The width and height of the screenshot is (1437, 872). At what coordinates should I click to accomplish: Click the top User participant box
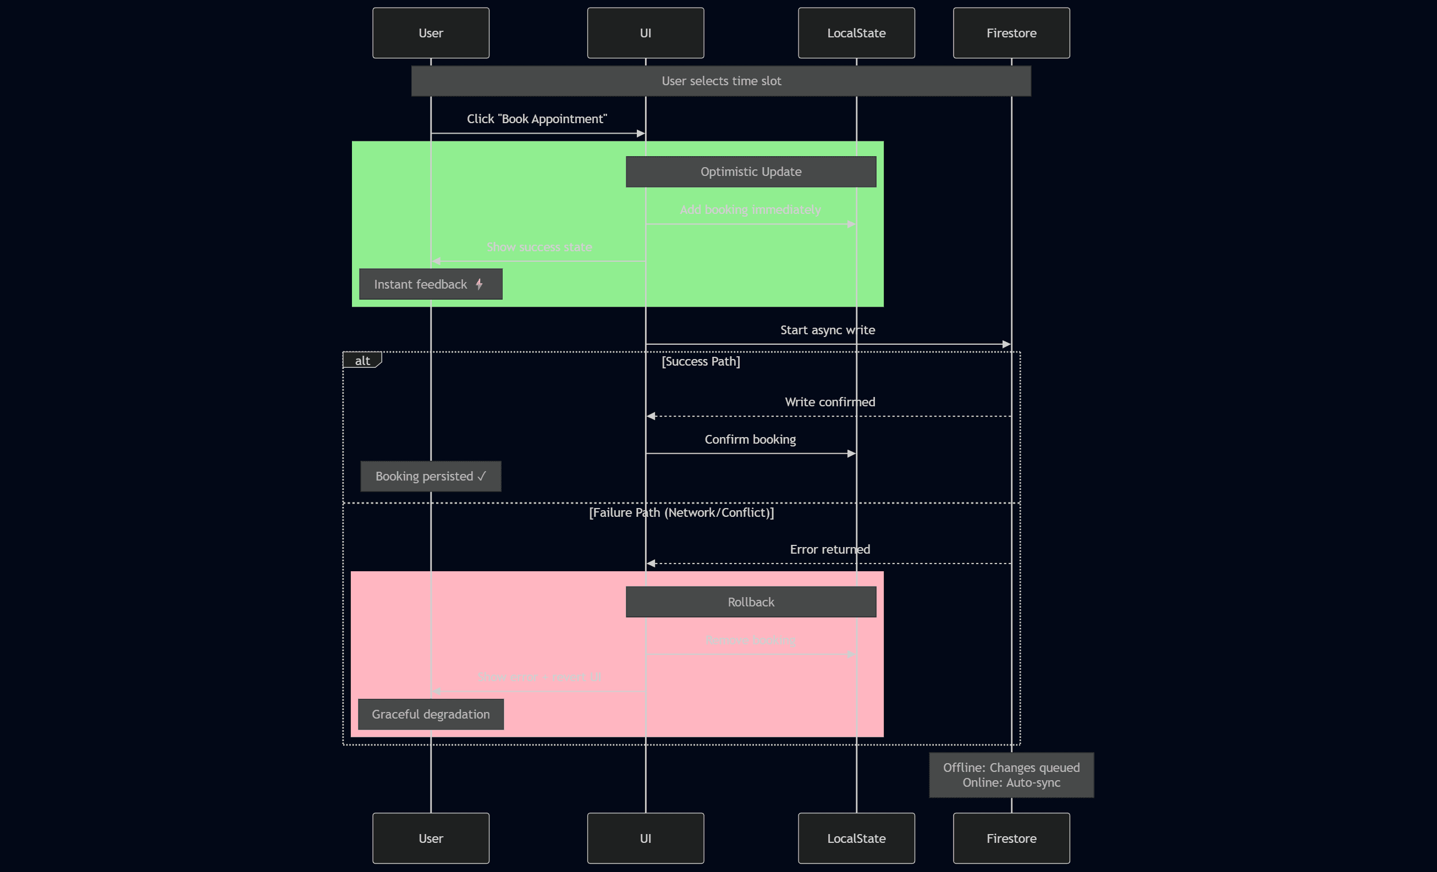tap(431, 32)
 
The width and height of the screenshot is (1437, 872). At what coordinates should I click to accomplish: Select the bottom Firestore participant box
tap(1011, 837)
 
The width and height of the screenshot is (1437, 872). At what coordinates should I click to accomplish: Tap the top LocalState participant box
tap(856, 32)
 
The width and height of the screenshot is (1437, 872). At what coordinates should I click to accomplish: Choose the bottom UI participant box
tap(645, 837)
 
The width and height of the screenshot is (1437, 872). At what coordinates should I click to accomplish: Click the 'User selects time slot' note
tap(721, 81)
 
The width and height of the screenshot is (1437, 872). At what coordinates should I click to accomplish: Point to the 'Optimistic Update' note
tap(751, 172)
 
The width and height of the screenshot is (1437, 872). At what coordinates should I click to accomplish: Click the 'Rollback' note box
tap(751, 601)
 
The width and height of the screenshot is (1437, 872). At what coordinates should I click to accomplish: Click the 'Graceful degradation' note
tap(431, 714)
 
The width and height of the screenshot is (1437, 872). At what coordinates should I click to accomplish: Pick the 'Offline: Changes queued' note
tap(1011, 775)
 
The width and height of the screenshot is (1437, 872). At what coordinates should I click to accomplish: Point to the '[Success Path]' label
tap(701, 361)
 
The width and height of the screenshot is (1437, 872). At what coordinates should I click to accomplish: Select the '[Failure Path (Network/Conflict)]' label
tap(681, 512)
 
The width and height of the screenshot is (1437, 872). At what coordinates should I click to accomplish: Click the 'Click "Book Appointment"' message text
tap(537, 119)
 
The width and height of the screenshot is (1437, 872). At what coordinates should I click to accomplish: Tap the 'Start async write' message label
tap(827, 330)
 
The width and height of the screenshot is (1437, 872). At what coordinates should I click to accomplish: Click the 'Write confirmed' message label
tap(829, 401)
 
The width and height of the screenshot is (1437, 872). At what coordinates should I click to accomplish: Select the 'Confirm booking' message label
tap(750, 439)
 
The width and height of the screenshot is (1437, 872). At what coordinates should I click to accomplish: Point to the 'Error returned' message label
tap(829, 549)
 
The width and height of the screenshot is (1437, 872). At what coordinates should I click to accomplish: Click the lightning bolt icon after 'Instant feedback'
tap(479, 284)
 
